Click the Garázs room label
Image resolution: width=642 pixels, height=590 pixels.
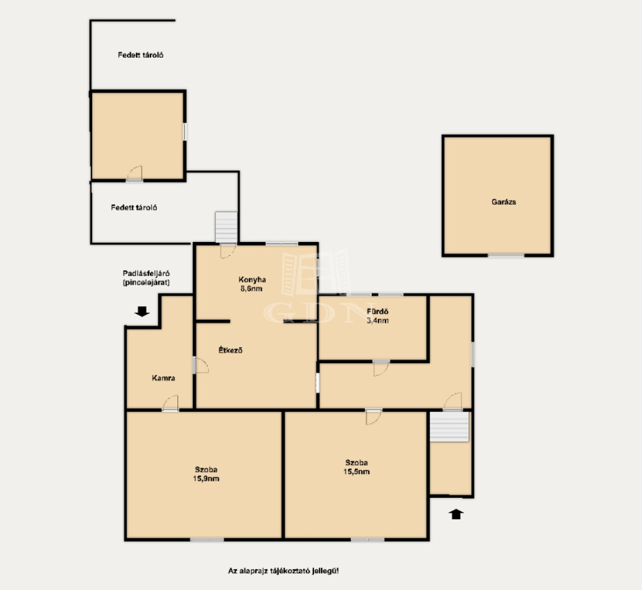pos(503,202)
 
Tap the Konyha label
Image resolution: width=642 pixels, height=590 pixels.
pos(252,280)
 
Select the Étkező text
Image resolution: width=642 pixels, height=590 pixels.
pos(231,350)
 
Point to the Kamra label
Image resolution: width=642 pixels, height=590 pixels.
pos(164,378)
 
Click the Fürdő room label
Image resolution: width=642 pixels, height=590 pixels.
pos(377,312)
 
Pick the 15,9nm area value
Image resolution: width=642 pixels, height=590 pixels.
pos(206,478)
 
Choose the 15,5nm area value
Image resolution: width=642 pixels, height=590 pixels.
pos(356,471)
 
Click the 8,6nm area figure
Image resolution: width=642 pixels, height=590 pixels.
pos(251,288)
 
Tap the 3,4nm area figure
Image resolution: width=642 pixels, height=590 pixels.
pos(377,320)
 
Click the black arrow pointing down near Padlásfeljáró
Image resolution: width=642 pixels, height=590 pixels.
pos(142,312)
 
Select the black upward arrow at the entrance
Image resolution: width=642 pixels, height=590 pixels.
pos(456,514)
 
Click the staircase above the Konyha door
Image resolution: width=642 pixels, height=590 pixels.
pos(226,227)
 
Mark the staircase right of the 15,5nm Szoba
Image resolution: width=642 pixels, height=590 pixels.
pos(449,426)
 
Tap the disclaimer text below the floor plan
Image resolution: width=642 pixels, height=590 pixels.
pos(283,571)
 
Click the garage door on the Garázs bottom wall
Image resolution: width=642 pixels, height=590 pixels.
pos(506,255)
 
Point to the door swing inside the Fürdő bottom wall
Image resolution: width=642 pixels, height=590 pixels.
pos(381,368)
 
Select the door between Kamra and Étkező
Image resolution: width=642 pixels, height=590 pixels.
pos(200,365)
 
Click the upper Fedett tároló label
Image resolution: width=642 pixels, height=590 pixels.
pos(140,55)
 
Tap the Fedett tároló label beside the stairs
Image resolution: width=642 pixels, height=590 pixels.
pos(134,208)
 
